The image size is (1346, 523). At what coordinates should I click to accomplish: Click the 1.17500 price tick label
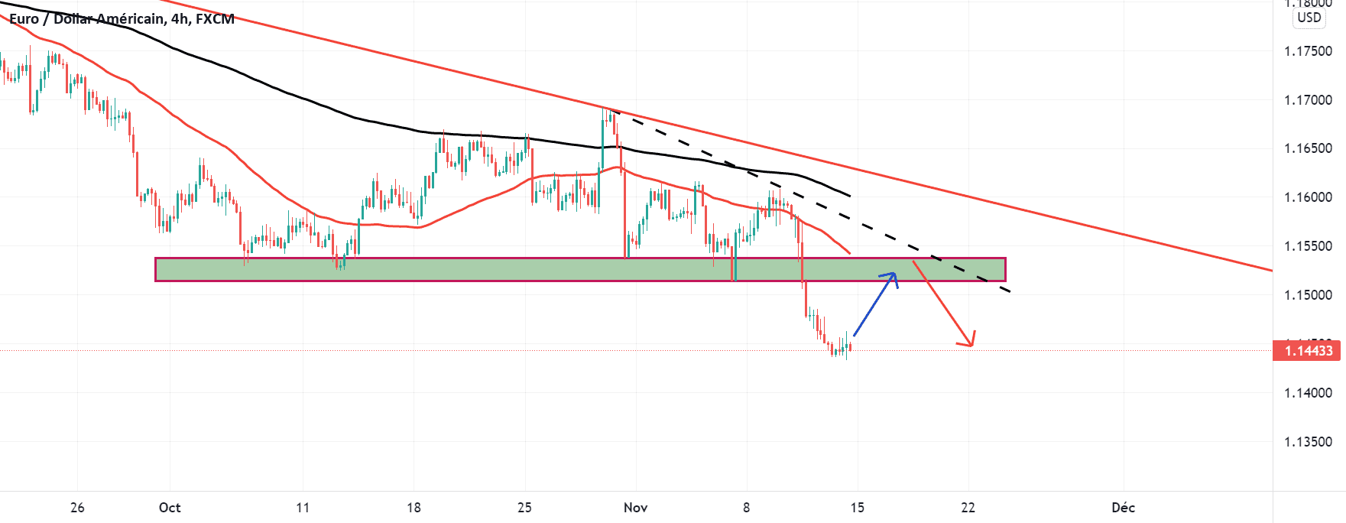pos(1308,51)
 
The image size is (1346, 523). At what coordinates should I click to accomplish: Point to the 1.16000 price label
pos(1308,197)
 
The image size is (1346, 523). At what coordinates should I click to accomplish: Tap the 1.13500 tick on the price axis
pos(1308,442)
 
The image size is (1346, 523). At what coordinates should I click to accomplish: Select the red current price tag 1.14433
pos(1308,351)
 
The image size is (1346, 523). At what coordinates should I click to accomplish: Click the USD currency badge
pos(1309,18)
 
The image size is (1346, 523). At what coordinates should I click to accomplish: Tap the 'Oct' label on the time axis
pos(170,508)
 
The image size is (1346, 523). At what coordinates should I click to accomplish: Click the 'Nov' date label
pos(635,508)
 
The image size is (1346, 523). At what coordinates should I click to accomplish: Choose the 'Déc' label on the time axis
pos(1123,508)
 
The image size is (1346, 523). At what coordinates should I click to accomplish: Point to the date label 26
pos(77,508)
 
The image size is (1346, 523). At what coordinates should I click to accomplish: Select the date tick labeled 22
pos(968,508)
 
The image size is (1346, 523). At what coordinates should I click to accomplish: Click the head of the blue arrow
pos(894,274)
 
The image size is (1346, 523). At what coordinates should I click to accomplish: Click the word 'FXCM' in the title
pos(215,19)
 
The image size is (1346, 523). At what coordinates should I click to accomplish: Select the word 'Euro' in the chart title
pos(24,19)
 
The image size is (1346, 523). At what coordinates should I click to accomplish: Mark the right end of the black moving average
pos(850,196)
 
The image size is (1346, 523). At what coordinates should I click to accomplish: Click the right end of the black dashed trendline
pos(1010,291)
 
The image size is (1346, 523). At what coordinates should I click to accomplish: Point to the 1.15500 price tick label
pos(1308,246)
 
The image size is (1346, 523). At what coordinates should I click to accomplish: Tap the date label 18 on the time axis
pos(414,508)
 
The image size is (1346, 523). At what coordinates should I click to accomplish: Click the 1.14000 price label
pos(1308,393)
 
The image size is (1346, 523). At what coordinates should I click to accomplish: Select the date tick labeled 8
pos(746,508)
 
